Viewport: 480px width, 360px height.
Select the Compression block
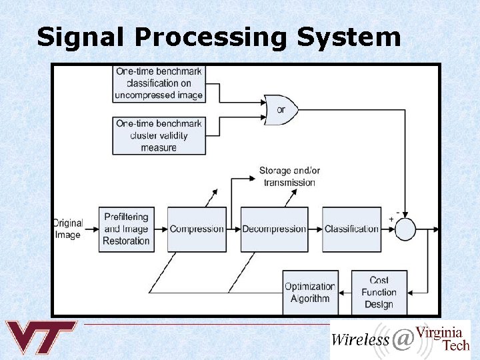[197, 229]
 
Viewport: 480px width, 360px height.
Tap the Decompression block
[274, 229]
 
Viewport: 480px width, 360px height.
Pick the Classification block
[351, 229]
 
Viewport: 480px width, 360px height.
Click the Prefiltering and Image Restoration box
[127, 229]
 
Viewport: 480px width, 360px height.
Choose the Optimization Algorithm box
[310, 292]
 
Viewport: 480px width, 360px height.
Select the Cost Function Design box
[379, 292]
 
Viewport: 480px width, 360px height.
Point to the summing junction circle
[405, 229]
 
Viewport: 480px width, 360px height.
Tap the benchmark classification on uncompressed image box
[159, 83]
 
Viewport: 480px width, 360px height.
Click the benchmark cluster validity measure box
[159, 135]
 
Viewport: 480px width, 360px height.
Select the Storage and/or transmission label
[289, 177]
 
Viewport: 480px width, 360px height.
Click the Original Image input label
[67, 229]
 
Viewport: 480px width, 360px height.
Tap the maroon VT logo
[41, 337]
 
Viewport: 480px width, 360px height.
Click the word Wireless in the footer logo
[360, 339]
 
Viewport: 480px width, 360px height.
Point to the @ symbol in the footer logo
[403, 340]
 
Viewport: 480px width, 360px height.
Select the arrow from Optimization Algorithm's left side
[220, 292]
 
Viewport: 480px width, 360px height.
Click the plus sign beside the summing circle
[391, 219]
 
